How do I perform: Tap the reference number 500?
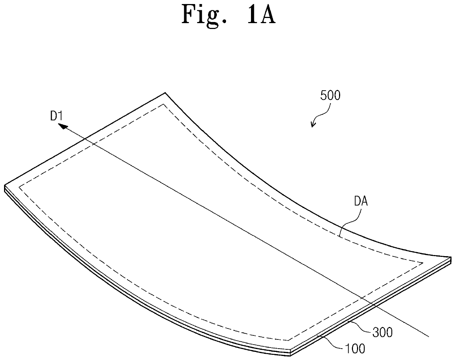point(330,96)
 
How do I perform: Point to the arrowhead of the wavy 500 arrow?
point(312,126)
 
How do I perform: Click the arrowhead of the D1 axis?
point(63,126)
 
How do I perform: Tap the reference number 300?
point(382,332)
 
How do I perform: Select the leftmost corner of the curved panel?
point(5,186)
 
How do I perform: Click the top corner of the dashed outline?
point(164,105)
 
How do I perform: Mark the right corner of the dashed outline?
point(423,262)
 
